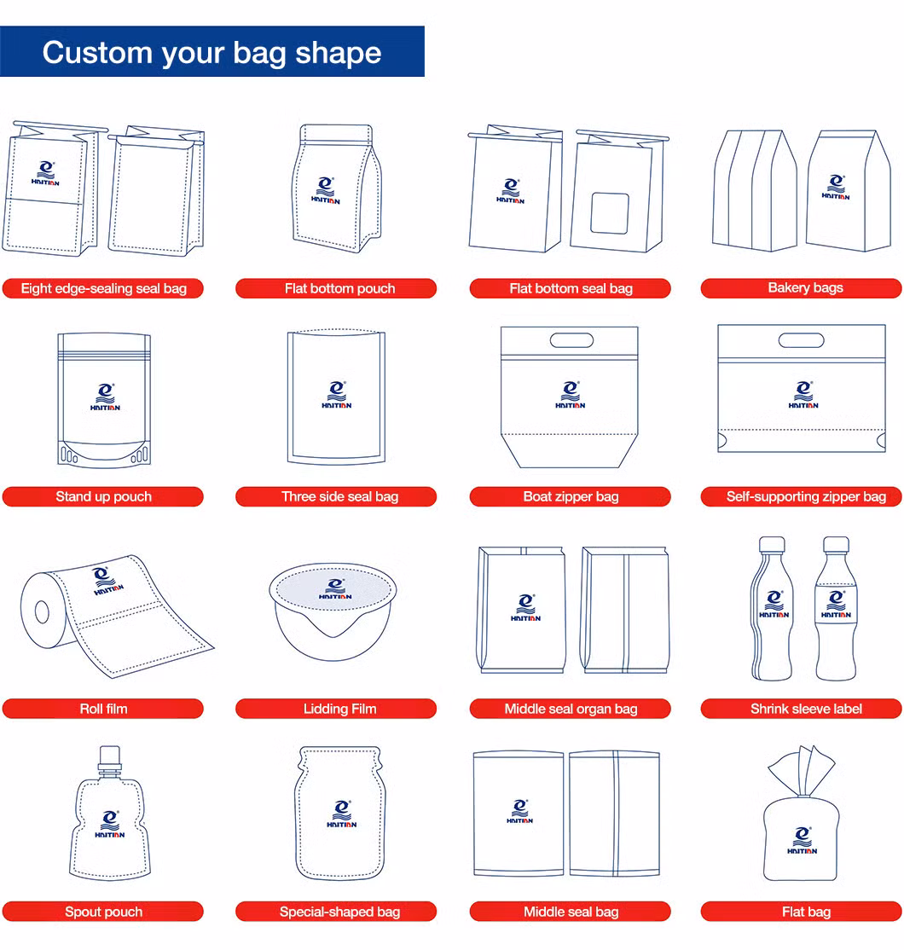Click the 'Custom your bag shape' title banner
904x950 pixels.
[212, 51]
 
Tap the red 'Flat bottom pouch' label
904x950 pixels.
[336, 288]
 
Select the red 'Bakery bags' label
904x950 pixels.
[801, 287]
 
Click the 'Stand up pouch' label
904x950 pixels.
[103, 497]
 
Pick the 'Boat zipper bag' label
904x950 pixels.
[571, 497]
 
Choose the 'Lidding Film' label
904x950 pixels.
[336, 709]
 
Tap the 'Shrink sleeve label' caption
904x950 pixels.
[801, 709]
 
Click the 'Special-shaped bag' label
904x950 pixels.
[336, 912]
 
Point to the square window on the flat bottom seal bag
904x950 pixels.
[610, 213]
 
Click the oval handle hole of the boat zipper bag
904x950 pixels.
[571, 340]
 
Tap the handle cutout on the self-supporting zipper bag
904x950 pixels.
[801, 340]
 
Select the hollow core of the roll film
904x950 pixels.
[42, 612]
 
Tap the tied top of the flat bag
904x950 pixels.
[801, 771]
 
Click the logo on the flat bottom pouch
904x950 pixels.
[326, 190]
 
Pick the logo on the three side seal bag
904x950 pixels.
[336, 395]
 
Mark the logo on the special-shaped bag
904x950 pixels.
[342, 814]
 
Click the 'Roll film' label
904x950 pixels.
[103, 709]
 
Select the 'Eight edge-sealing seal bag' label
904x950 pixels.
[103, 288]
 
